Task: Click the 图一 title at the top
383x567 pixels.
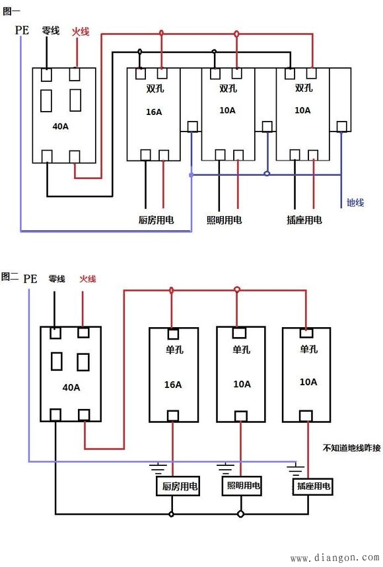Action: tap(12, 10)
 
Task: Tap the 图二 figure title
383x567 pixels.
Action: tap(10, 277)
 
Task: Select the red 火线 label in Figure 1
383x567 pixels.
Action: tap(79, 31)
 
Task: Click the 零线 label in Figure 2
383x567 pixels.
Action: tap(57, 279)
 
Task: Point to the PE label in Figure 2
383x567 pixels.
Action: tap(30, 278)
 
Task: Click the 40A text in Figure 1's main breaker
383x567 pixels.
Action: tap(60, 126)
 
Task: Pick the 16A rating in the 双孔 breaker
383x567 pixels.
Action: tap(153, 112)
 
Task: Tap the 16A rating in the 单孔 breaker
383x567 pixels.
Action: tap(172, 384)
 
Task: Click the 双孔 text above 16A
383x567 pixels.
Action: tap(154, 88)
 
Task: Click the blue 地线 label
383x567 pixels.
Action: tap(355, 203)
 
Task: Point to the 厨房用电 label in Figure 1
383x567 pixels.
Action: tap(157, 220)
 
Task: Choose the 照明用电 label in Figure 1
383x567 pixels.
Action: tap(225, 220)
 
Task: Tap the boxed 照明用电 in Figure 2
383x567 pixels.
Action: tap(244, 486)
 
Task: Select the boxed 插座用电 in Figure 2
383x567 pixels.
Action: tap(313, 487)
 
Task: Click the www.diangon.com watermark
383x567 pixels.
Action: tap(335, 558)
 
